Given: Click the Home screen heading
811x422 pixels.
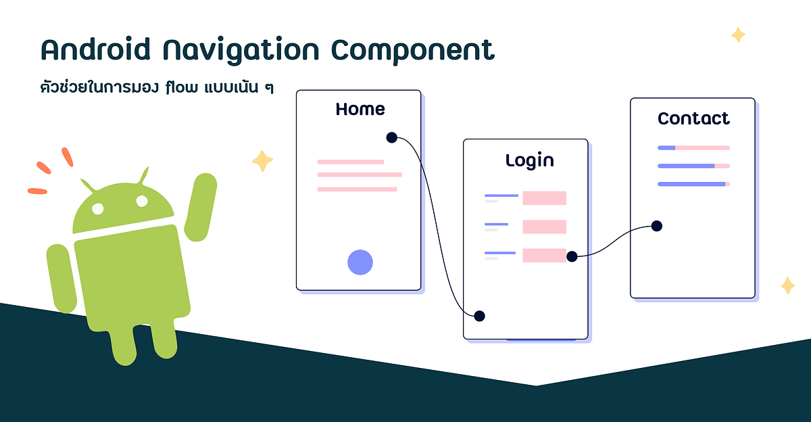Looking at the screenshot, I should pyautogui.click(x=360, y=109).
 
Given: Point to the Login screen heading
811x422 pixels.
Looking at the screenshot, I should pyautogui.click(x=529, y=160).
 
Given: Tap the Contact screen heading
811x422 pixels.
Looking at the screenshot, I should pyautogui.click(x=693, y=118).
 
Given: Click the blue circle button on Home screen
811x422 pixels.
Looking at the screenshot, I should pyautogui.click(x=360, y=262).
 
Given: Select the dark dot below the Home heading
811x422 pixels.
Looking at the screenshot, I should pyautogui.click(x=391, y=137).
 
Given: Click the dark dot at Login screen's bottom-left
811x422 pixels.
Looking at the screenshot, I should pyautogui.click(x=480, y=316).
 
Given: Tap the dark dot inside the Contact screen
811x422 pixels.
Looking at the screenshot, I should pyautogui.click(x=656, y=226).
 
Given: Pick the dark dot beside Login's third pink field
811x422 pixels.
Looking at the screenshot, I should pyautogui.click(x=572, y=256).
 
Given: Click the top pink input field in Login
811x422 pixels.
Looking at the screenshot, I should pyautogui.click(x=544, y=198).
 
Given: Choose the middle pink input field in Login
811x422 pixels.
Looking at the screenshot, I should pyautogui.click(x=544, y=227).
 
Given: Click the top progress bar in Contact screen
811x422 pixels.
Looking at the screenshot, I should pyautogui.click(x=693, y=147).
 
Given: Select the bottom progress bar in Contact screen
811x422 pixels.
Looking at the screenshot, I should pyautogui.click(x=693, y=184).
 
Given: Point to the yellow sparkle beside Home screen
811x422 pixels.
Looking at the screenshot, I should pyautogui.click(x=262, y=161).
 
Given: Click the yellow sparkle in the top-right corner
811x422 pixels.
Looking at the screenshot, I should pyautogui.click(x=738, y=34).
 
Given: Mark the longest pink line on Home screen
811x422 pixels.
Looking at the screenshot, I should pyautogui.click(x=360, y=174).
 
